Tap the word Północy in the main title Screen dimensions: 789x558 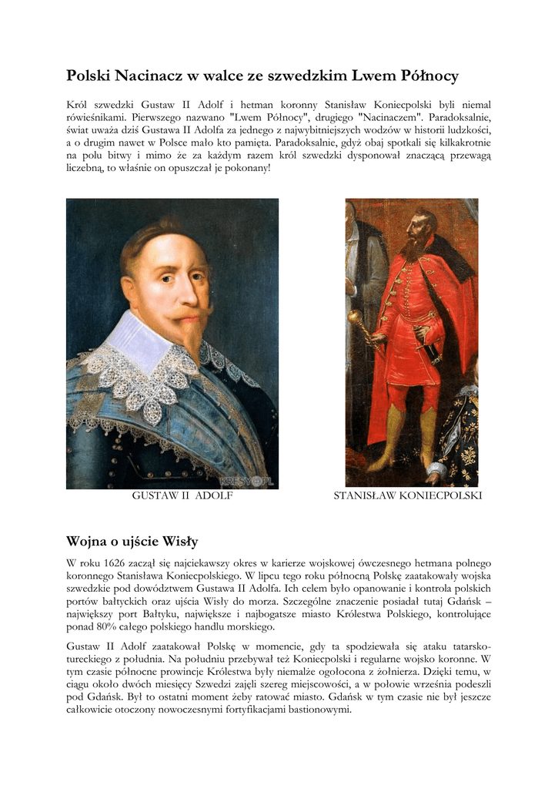pos(426,76)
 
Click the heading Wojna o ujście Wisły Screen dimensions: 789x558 pos(132,542)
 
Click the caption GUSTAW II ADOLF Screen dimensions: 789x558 pos(182,496)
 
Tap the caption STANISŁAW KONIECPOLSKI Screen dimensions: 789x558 pos(407,496)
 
